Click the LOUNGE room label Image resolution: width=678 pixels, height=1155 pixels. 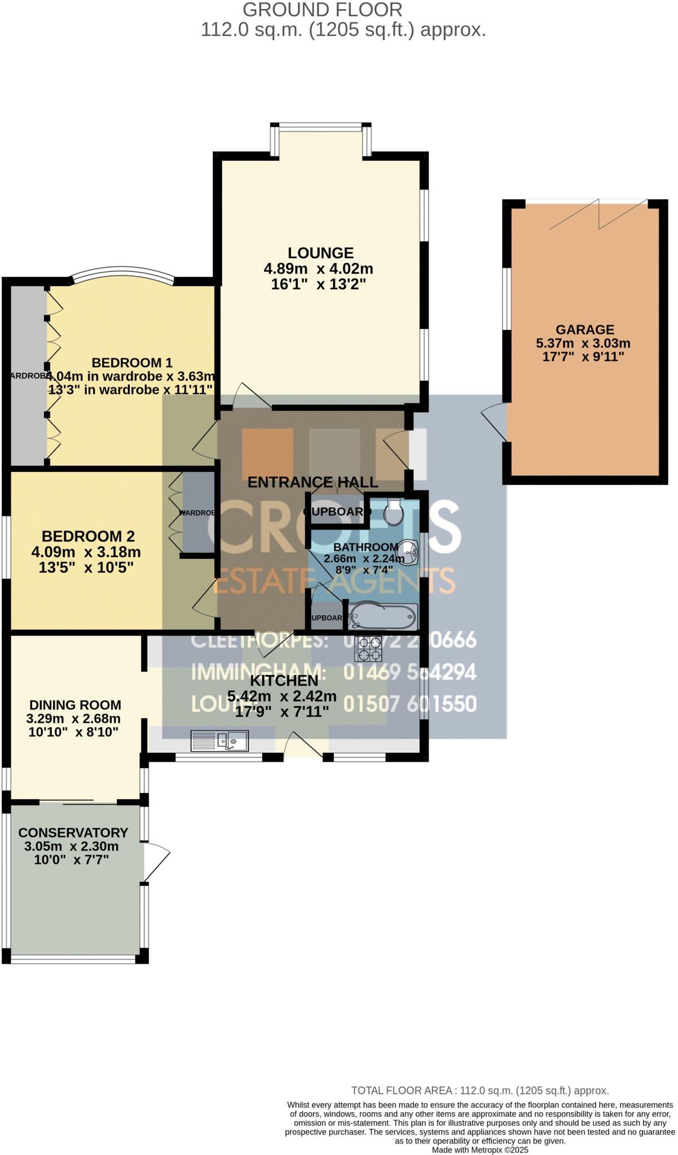pos(320,253)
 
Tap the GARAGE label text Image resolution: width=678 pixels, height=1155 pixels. pos(584,330)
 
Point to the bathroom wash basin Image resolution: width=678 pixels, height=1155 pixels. pos(408,551)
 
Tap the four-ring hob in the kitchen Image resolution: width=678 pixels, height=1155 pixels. pos(368,649)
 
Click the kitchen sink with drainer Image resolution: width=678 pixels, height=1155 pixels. pos(220,740)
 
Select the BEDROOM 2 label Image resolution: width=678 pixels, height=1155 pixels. pos(88,536)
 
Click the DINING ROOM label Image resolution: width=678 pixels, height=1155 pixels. pos(75,705)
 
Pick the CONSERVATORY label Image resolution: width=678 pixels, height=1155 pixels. pos(73,833)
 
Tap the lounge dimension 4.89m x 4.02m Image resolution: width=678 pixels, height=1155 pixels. pos(319,269)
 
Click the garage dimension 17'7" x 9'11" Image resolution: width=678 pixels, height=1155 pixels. pos(583,357)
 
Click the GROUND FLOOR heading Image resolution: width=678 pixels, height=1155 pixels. pos(323,10)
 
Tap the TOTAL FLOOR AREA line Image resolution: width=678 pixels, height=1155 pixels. pos(479,1091)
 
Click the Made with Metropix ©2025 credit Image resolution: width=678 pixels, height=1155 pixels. pos(480,1149)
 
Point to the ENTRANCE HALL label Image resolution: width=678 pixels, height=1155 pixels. pos(312,482)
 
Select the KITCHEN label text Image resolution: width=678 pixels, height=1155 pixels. pos(284,681)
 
